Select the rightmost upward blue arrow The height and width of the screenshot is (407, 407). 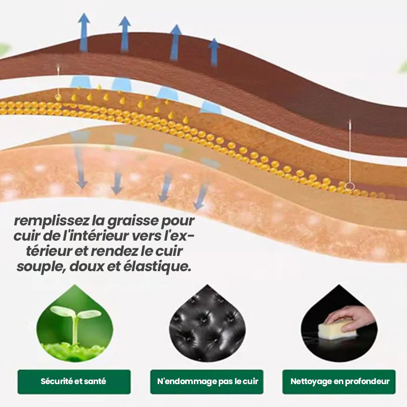(x=214, y=51)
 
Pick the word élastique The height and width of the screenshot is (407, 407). (x=163, y=267)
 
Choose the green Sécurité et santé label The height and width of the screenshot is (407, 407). (x=74, y=382)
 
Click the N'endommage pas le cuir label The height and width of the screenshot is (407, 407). (x=207, y=382)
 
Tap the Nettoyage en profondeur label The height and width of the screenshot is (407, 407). (x=339, y=382)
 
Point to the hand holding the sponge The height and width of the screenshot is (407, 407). (x=351, y=316)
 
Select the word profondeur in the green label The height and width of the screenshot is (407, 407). (x=366, y=382)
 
